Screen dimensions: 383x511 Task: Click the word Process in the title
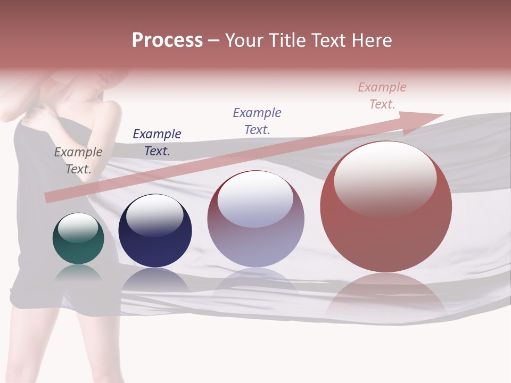tap(167, 40)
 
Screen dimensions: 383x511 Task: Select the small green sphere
tap(78, 239)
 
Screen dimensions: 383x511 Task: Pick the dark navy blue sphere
tap(155, 231)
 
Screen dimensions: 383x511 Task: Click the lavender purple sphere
tap(256, 219)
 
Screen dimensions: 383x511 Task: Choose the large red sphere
tap(386, 207)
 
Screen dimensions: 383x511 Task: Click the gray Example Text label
tap(78, 160)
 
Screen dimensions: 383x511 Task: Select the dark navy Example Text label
tap(157, 142)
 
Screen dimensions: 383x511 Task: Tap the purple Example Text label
tap(257, 121)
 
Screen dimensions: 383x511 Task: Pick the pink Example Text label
tap(382, 95)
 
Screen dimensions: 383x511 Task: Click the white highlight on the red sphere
tap(385, 178)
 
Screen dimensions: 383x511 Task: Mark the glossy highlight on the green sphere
tap(78, 228)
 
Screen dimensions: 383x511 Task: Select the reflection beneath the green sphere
tap(78, 272)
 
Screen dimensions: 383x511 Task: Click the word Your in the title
tap(244, 40)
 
